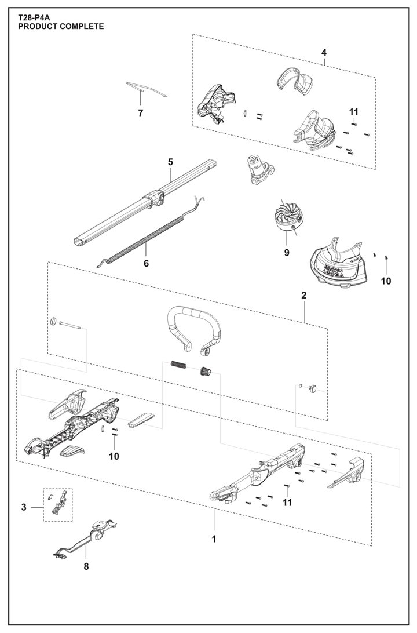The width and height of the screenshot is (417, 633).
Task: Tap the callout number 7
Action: [140, 113]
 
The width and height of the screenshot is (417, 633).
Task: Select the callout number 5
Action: [171, 162]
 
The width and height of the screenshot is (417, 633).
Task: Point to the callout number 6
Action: [146, 264]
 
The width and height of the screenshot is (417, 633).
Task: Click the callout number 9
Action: [286, 253]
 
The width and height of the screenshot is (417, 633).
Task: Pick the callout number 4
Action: [324, 53]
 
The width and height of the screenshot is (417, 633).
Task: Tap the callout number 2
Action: [303, 295]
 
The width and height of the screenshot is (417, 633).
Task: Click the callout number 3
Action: [24, 508]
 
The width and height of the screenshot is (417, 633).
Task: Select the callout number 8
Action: [86, 566]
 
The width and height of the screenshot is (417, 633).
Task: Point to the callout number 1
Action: [214, 539]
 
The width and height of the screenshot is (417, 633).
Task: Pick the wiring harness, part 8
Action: [87, 536]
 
